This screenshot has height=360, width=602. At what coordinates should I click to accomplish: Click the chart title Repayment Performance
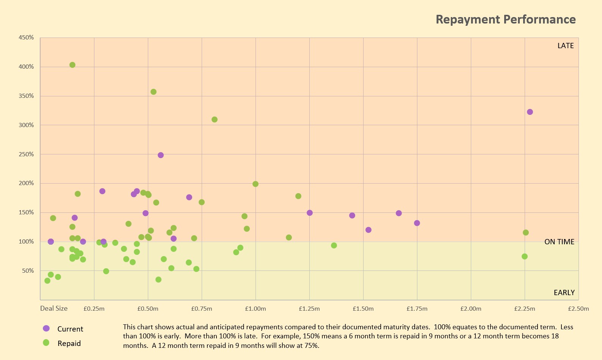505,19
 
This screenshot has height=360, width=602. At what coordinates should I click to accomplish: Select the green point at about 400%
72,65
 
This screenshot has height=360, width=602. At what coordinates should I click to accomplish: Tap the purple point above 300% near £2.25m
530,112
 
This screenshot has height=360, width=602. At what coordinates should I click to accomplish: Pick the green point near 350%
154,92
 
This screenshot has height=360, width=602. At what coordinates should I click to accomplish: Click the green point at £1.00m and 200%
256,184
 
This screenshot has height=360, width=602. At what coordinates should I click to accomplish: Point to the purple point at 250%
161,155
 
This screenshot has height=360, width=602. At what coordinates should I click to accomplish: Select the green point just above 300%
215,119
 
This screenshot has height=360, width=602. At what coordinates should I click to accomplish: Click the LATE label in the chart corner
565,46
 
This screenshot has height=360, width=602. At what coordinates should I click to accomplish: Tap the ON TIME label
559,242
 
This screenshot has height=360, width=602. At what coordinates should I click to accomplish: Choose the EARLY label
564,292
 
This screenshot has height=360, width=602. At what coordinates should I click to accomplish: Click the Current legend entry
70,329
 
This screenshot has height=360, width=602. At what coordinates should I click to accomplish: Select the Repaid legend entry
69,343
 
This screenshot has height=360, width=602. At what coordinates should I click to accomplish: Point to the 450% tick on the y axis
26,38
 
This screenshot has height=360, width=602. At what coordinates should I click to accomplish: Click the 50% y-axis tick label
28,271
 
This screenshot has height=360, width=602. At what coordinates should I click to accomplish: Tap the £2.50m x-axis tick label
578,309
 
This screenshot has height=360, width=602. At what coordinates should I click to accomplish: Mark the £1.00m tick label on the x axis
256,309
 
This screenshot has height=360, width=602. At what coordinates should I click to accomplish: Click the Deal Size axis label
54,308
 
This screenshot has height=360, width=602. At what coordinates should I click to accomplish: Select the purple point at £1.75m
417,223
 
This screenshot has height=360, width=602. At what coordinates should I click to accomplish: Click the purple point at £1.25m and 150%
310,213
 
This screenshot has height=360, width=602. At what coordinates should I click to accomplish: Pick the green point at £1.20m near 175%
298,196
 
